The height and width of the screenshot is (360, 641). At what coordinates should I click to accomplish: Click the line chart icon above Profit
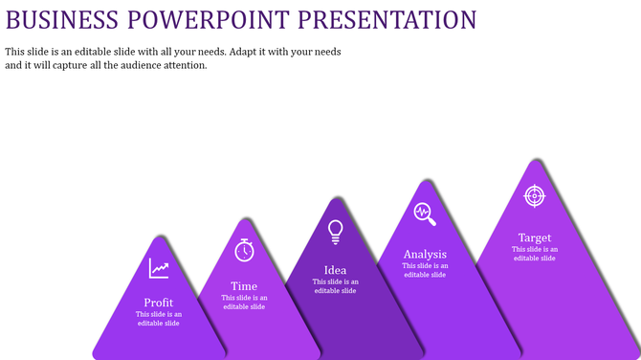(159, 269)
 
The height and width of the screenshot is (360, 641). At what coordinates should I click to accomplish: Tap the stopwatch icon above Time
(245, 250)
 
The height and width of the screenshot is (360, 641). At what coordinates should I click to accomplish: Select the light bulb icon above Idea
(336, 231)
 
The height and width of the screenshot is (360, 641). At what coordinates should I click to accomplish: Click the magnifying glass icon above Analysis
(425, 214)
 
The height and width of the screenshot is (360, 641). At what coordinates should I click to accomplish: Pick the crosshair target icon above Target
(535, 196)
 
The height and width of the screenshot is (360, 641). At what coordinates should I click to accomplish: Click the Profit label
(159, 303)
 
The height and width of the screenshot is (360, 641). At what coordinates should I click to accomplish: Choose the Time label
(244, 286)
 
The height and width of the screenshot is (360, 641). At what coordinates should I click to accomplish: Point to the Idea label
(336, 270)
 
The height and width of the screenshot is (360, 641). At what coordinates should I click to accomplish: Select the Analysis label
(425, 254)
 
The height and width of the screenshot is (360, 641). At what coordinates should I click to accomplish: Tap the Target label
(535, 237)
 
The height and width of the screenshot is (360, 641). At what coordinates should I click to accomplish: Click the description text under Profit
(159, 319)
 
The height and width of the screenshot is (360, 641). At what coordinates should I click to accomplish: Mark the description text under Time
(244, 303)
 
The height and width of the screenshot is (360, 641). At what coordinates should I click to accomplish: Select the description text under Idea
(336, 286)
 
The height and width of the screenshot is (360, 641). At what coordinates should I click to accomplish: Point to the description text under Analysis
(425, 270)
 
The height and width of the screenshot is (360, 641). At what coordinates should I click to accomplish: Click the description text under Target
(535, 254)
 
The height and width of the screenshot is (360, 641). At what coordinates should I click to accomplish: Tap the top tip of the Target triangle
(534, 161)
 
